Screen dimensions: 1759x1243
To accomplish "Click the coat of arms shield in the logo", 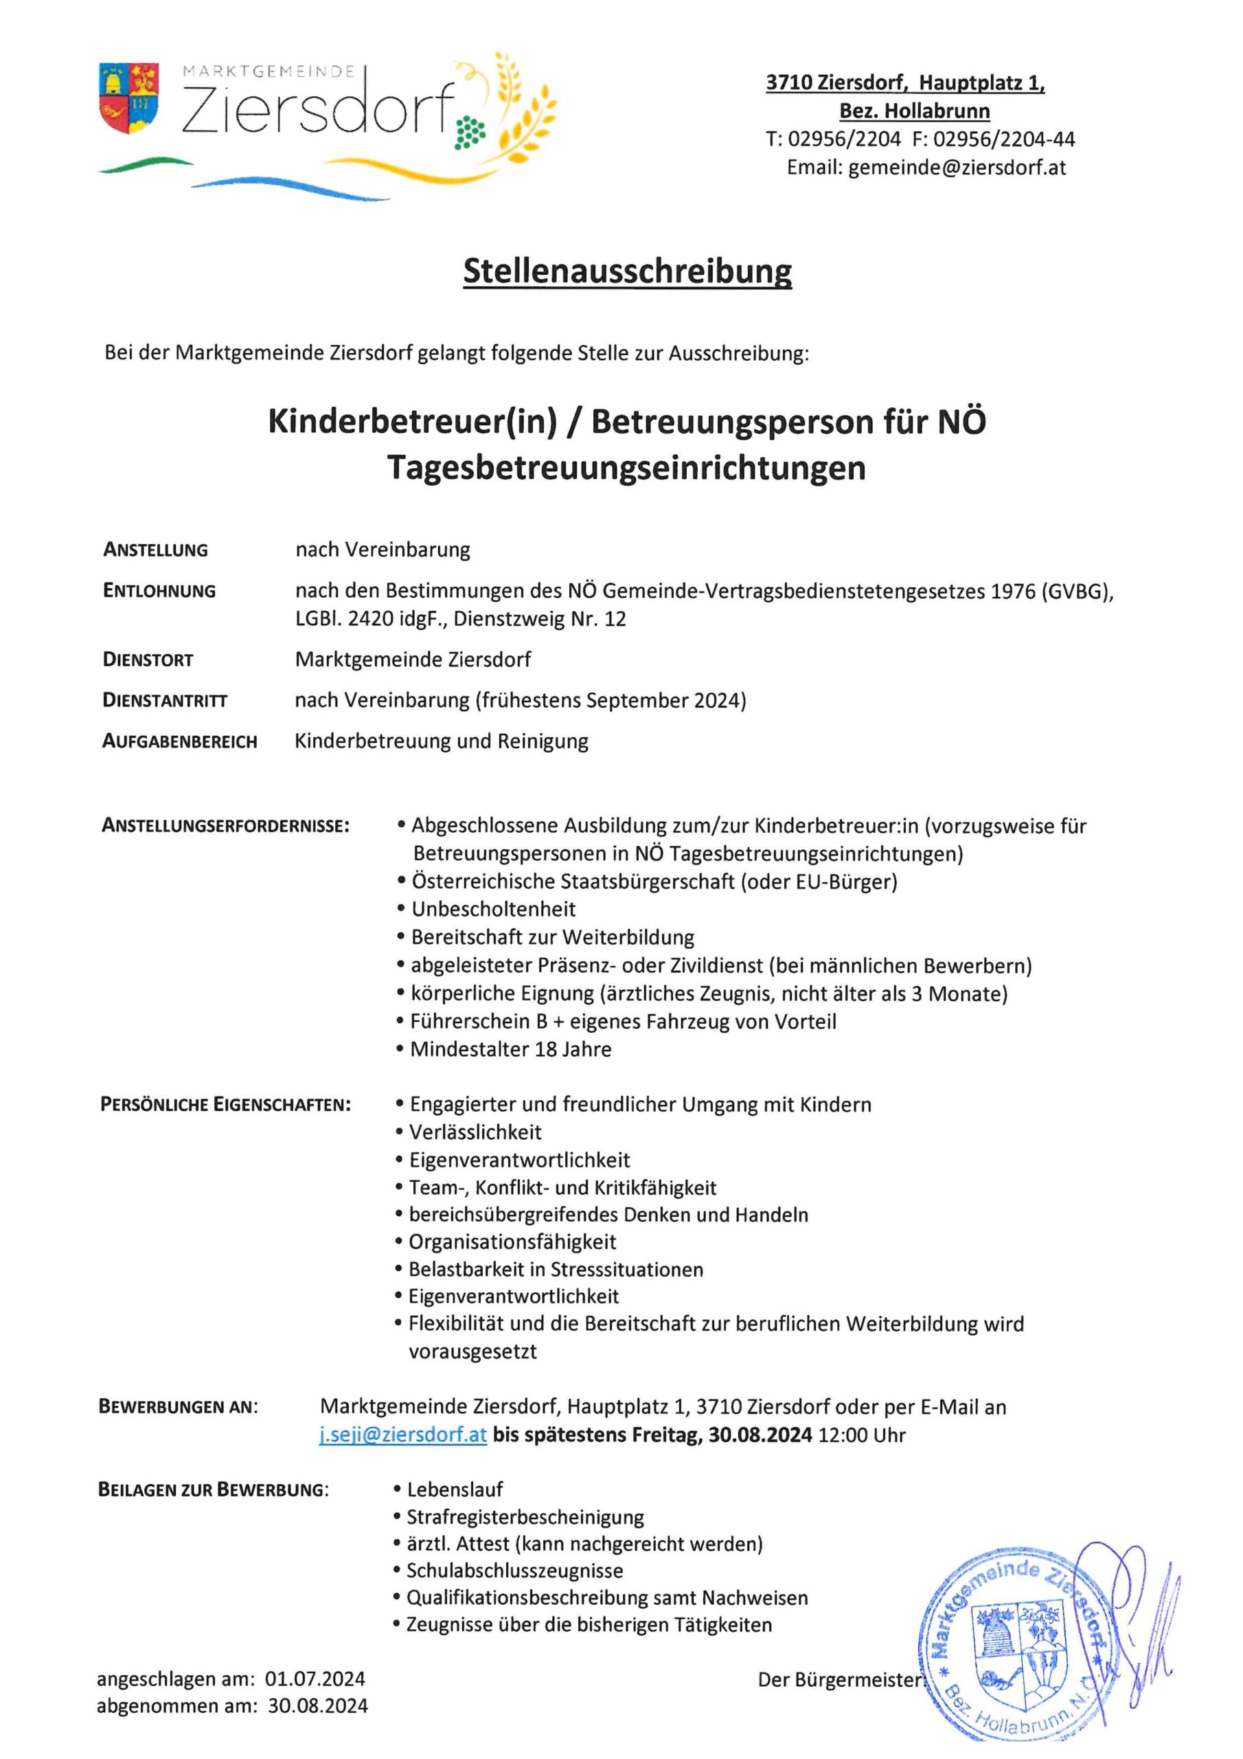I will coord(128,98).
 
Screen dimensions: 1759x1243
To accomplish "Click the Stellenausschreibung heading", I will coord(627,271).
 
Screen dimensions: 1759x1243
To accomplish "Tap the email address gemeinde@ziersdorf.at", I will coord(957,168).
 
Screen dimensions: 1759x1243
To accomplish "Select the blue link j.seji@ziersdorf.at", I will coord(403,1434).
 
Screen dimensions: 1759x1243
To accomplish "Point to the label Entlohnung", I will coord(159,591).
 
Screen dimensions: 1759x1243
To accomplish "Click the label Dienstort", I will coord(148,660).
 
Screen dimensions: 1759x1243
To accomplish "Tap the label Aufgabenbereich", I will coord(179,741).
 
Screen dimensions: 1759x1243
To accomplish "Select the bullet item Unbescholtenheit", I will coord(493,909).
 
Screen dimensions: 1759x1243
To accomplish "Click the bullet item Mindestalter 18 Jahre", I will coord(510,1050).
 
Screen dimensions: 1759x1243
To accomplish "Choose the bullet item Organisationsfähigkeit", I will coord(512,1242).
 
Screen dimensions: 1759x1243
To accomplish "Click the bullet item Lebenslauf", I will coord(455,1490).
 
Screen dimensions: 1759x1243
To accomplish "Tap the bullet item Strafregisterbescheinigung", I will coord(525,1517).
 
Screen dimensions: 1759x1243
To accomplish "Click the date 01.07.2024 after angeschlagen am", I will coord(315,1679).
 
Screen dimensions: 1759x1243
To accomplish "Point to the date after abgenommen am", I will coord(317,1706).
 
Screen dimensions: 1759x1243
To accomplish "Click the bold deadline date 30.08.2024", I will coord(760,1435).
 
